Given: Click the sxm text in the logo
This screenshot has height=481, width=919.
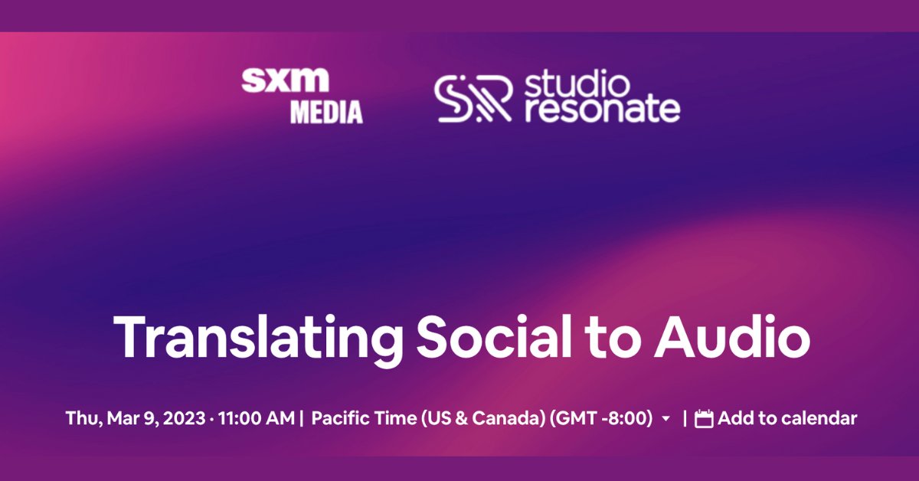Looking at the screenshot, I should (285, 80).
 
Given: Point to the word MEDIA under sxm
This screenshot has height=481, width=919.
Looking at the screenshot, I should (325, 112).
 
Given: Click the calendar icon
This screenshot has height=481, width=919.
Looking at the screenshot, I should (704, 419).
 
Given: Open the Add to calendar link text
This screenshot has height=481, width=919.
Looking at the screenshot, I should (787, 419).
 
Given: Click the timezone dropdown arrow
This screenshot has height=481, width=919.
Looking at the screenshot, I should (666, 419).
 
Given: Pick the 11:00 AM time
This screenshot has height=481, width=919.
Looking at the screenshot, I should (257, 419).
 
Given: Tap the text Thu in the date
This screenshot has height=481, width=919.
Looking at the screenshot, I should (79, 419).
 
